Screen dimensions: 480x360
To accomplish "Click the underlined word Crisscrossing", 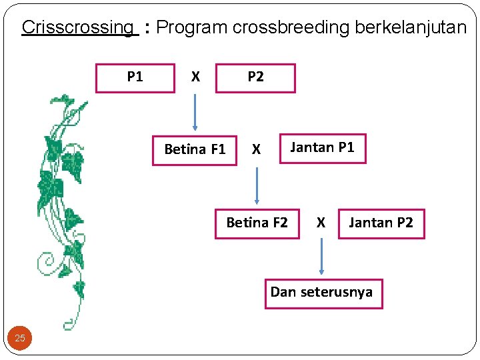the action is click(x=77, y=27).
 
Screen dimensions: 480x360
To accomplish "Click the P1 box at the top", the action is click(x=135, y=77).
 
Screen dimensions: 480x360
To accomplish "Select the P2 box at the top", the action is click(x=255, y=77).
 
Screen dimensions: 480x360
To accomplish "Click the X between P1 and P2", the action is click(x=195, y=77).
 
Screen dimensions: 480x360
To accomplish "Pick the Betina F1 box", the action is click(x=195, y=149).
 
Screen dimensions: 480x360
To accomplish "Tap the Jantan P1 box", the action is click(x=322, y=147).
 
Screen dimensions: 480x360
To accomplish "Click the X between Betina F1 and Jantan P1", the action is click(x=256, y=150).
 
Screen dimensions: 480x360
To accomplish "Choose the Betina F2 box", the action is click(x=257, y=223).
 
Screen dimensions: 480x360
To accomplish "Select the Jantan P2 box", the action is click(x=381, y=223).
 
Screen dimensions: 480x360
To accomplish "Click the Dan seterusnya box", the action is click(x=323, y=293).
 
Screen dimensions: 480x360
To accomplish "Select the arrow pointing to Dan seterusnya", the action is click(x=321, y=256).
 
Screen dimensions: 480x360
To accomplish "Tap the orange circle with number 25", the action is click(x=20, y=338).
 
